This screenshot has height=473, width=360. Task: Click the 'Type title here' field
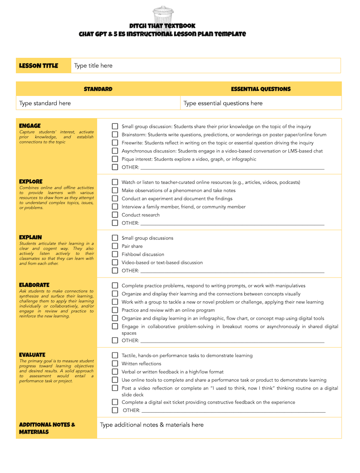click(93, 66)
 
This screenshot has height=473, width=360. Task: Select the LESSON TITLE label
click(39, 66)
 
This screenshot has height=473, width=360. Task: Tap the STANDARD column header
click(98, 89)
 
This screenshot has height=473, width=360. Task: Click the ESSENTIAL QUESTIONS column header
click(261, 89)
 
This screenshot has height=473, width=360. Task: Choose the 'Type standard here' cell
click(45, 103)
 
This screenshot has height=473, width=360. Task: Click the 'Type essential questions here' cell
click(223, 103)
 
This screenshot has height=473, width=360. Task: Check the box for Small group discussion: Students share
click(115, 127)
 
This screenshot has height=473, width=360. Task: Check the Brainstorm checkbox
click(115, 135)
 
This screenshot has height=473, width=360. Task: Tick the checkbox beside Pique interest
click(115, 159)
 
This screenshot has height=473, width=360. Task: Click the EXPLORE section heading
click(31, 182)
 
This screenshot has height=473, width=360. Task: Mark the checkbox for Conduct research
click(115, 215)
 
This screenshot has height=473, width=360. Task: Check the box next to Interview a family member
click(115, 207)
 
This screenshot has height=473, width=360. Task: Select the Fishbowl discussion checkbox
click(115, 254)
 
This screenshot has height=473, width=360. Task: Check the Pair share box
click(115, 246)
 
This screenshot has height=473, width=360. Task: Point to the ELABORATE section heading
click(34, 285)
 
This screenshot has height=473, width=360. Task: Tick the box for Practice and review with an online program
click(115, 310)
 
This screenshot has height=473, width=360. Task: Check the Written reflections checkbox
click(115, 364)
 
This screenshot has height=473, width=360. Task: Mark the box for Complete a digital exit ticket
click(115, 402)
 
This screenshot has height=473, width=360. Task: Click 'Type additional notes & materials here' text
click(152, 425)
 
